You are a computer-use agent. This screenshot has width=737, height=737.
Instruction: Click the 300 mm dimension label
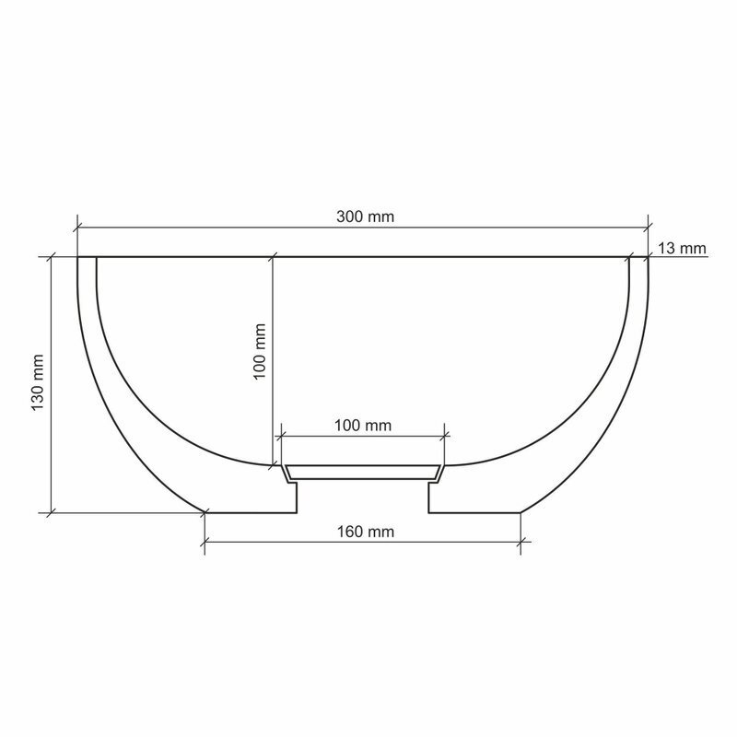365,216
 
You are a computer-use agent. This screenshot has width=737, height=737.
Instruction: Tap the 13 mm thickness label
682,248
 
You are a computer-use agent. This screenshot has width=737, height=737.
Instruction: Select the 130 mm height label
38,382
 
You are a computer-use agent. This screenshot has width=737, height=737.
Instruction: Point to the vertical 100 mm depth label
260,352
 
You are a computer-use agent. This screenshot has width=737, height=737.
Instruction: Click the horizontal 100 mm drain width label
363,426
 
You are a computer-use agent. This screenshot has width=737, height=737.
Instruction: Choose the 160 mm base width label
365,532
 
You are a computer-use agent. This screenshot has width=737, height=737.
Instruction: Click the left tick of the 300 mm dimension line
77,228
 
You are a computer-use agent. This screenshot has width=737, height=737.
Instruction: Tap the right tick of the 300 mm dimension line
649,228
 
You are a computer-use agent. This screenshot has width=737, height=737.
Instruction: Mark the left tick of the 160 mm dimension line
205,542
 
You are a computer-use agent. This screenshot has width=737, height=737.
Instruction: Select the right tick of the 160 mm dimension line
521,542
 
